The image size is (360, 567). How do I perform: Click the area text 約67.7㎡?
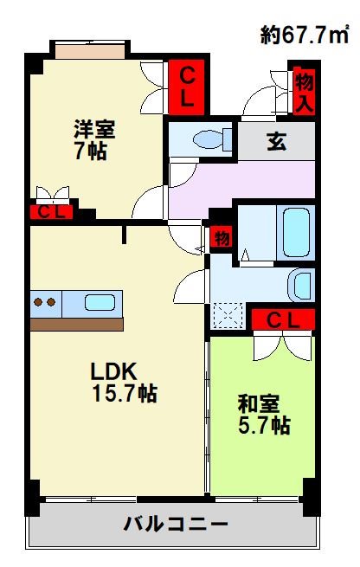click(x=305, y=35)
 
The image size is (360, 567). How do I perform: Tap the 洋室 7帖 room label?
click(x=93, y=139)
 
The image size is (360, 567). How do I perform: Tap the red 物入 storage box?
click(x=304, y=93)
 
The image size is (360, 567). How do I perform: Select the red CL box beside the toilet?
click(x=187, y=87)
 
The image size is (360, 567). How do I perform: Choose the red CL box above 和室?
click(x=282, y=319)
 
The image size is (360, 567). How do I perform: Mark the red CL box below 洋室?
click(x=51, y=212)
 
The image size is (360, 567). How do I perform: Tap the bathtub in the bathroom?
click(x=296, y=231)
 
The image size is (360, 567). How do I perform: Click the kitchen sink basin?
click(x=100, y=303)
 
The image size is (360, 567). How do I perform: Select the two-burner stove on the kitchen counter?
click(x=46, y=303)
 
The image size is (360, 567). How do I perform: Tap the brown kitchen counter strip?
click(x=76, y=324)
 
